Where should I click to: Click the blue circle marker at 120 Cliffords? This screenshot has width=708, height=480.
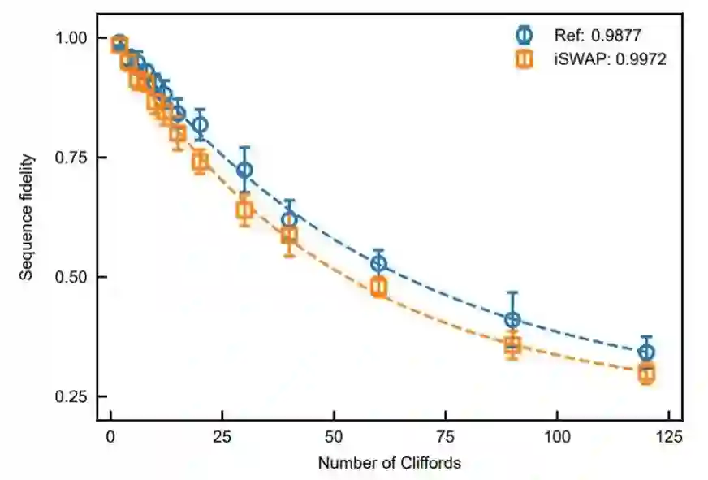(x=646, y=352)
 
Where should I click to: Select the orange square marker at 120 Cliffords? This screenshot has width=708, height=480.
(x=646, y=374)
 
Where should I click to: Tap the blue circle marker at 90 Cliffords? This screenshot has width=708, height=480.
(x=512, y=320)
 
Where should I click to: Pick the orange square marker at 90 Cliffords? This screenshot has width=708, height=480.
(x=512, y=345)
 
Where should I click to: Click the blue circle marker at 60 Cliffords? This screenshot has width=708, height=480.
(x=378, y=263)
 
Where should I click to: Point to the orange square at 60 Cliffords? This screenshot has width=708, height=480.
(x=378, y=286)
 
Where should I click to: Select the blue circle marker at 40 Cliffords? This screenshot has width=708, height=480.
(x=289, y=219)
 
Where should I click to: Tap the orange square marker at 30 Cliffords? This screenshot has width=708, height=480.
(x=244, y=210)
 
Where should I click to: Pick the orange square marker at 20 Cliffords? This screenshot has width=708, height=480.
(x=200, y=161)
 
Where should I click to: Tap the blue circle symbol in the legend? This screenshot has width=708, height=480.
(x=525, y=35)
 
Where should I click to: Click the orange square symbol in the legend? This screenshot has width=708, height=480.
(x=525, y=58)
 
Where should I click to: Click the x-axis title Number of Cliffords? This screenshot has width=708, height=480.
(x=389, y=464)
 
